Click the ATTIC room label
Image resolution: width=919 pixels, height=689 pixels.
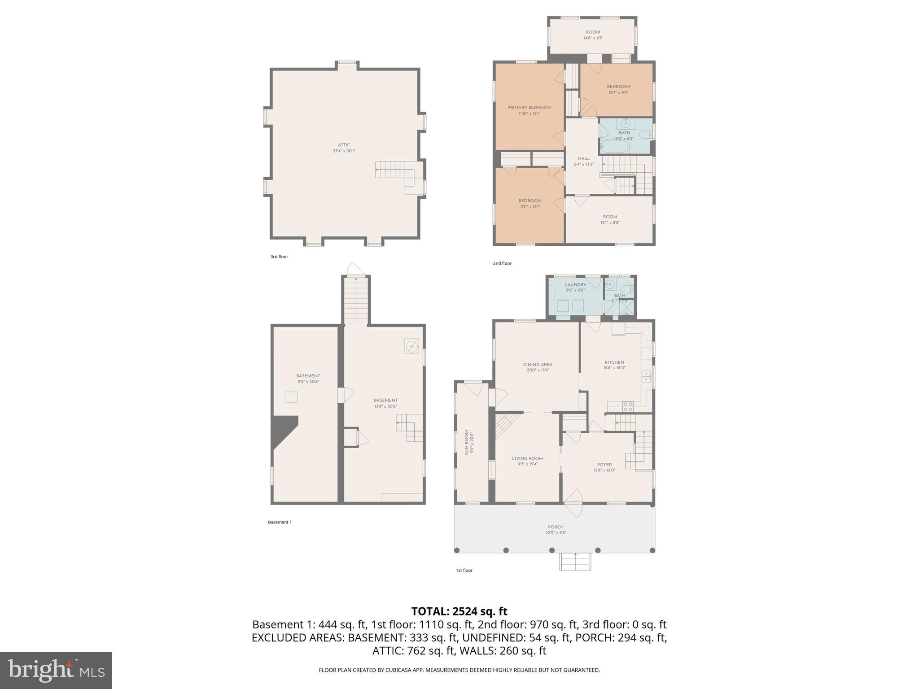pyautogui.click(x=344, y=145)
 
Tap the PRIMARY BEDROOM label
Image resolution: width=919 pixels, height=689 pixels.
pyautogui.click(x=529, y=108)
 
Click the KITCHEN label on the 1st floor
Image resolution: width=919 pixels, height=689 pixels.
pyautogui.click(x=614, y=362)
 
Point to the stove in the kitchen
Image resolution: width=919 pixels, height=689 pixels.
pyautogui.click(x=628, y=406)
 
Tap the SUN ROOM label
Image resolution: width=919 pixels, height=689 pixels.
pyautogui.click(x=467, y=442)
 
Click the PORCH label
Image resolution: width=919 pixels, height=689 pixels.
pyautogui.click(x=555, y=527)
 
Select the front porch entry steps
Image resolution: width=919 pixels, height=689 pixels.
pyautogui.click(x=575, y=561)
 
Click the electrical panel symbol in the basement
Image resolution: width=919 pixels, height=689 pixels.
pyautogui.click(x=411, y=346)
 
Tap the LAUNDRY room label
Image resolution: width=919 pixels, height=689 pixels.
pyautogui.click(x=575, y=285)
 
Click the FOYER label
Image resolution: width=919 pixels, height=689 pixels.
pyautogui.click(x=604, y=465)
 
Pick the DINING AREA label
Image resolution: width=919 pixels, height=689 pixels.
pyautogui.click(x=537, y=365)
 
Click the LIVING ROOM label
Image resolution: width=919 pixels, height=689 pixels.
pyautogui.click(x=527, y=458)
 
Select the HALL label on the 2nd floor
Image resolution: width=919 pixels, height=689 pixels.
pyautogui.click(x=583, y=158)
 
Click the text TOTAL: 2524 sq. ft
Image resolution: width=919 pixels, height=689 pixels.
pyautogui.click(x=459, y=611)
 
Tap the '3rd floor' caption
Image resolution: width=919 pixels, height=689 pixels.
pyautogui.click(x=279, y=257)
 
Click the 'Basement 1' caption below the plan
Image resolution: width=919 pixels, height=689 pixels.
pyautogui.click(x=280, y=522)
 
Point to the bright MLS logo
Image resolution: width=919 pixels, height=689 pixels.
pyautogui.click(x=56, y=670)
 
